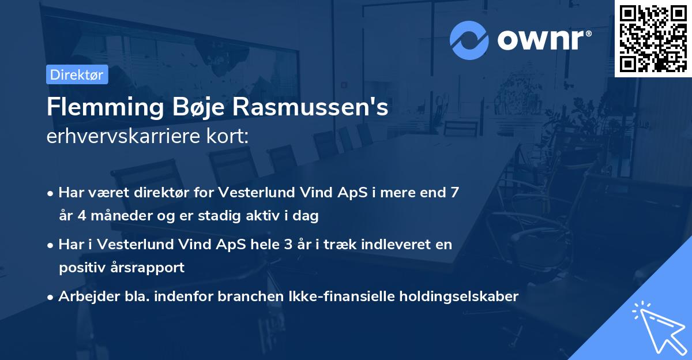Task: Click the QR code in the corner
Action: pyautogui.click(x=653, y=38)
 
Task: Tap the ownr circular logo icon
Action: pyautogui.click(x=469, y=40)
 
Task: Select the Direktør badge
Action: pyautogui.click(x=77, y=74)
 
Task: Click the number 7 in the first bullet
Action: pyautogui.click(x=455, y=192)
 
